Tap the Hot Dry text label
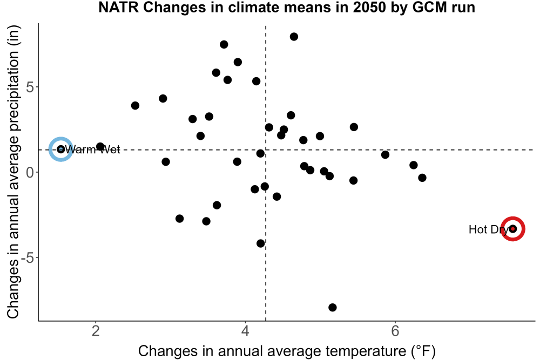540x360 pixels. click(x=489, y=229)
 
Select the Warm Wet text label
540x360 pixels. click(x=92, y=150)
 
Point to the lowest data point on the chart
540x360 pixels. click(x=332, y=307)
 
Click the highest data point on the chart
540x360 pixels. click(x=294, y=37)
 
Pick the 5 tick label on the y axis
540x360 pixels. click(x=30, y=87)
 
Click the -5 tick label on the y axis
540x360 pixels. click(x=28, y=257)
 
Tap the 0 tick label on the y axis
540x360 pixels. click(x=30, y=172)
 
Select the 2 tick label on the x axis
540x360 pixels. click(x=96, y=331)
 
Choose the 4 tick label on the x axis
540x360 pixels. click(x=245, y=331)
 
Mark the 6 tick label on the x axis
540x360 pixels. click(x=395, y=331)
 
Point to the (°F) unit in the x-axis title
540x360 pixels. click(x=423, y=351)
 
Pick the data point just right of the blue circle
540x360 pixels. click(x=100, y=147)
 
